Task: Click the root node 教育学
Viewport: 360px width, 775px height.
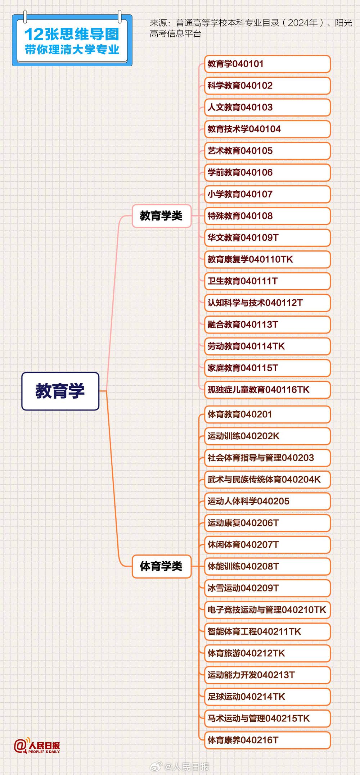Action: click(x=60, y=391)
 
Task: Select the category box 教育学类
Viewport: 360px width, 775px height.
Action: click(x=161, y=216)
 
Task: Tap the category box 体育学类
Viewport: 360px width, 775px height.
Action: click(x=161, y=566)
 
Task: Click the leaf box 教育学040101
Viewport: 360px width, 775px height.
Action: click(x=267, y=64)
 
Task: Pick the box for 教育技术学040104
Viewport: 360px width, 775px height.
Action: click(x=267, y=129)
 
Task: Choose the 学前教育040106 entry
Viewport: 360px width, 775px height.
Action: click(x=267, y=173)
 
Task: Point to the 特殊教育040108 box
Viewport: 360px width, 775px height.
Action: click(x=267, y=216)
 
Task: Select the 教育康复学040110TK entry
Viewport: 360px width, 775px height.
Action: click(x=267, y=259)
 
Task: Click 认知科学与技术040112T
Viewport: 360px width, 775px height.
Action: click(x=267, y=303)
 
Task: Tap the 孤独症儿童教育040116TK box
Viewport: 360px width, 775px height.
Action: click(x=267, y=390)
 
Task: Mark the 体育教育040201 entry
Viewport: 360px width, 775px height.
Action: click(x=267, y=414)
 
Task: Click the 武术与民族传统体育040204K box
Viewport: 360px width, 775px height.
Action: click(x=267, y=480)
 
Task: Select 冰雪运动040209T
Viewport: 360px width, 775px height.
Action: click(x=267, y=588)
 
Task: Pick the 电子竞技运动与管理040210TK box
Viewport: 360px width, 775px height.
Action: click(x=267, y=610)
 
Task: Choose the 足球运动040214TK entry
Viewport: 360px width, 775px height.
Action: click(x=267, y=697)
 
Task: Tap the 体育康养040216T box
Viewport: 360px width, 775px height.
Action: click(x=267, y=740)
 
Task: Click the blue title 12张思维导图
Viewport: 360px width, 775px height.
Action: click(x=72, y=35)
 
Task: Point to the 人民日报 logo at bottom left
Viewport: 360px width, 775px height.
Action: click(x=37, y=747)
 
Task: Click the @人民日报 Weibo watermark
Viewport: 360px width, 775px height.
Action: click(x=179, y=767)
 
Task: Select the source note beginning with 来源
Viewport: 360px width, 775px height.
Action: click(x=251, y=28)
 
